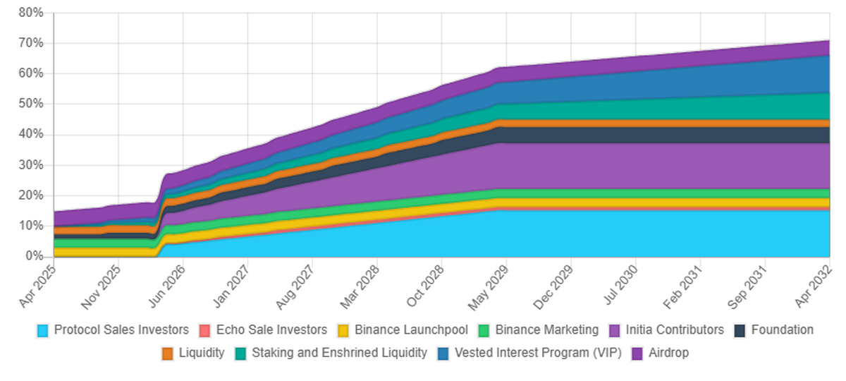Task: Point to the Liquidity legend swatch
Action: (x=168, y=353)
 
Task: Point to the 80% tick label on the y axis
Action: (x=31, y=13)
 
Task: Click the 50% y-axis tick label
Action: (x=31, y=104)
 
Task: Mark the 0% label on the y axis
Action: (x=35, y=256)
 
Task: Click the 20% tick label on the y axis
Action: (x=31, y=195)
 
